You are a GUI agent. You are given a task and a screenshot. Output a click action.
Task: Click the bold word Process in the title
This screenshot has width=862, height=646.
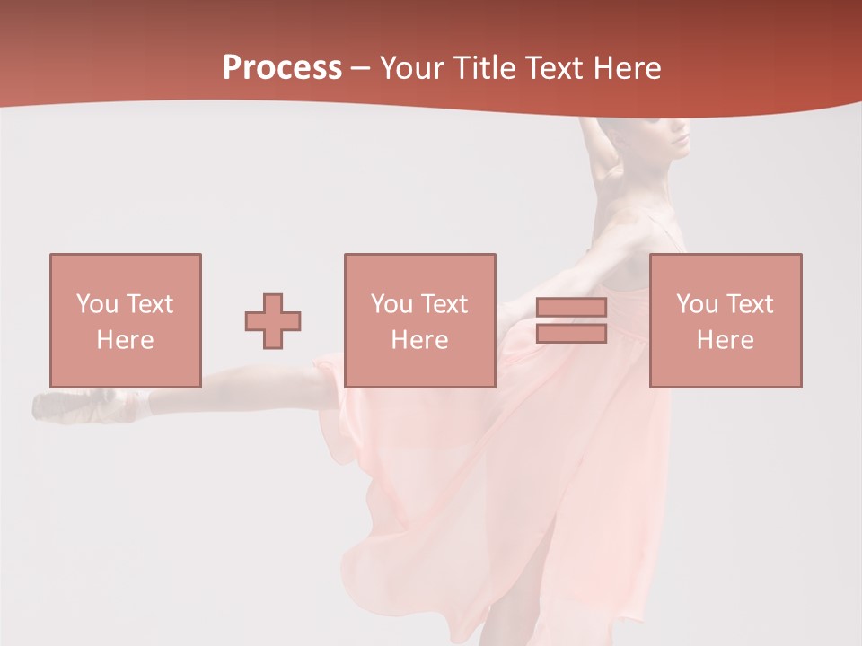(x=282, y=68)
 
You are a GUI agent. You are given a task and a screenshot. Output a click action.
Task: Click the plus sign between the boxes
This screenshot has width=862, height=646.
(x=273, y=320)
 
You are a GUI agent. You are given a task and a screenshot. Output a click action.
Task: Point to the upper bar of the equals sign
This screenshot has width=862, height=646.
(x=571, y=308)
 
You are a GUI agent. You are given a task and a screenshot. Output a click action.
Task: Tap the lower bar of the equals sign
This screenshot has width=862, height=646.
(x=571, y=333)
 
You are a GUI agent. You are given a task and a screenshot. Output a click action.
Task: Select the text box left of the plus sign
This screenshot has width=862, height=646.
(x=125, y=320)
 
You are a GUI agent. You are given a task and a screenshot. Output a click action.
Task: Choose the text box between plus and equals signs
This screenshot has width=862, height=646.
(x=419, y=320)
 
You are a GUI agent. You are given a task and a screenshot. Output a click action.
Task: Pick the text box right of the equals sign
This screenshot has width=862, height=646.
(x=725, y=320)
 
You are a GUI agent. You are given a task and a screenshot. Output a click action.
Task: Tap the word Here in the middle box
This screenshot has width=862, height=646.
(x=419, y=340)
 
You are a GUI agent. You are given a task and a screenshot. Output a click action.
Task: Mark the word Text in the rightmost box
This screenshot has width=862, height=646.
(x=751, y=304)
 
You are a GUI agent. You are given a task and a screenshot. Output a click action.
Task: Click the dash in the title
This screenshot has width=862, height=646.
(x=360, y=68)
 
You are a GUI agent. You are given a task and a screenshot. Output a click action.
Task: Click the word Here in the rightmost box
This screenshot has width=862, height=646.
(x=725, y=340)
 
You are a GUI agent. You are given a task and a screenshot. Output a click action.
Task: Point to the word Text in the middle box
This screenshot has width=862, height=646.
(x=445, y=304)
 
